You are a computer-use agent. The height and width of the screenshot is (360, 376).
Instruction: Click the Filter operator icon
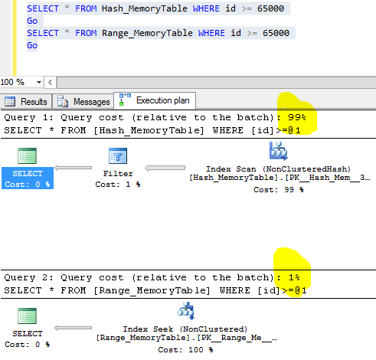click(x=117, y=157)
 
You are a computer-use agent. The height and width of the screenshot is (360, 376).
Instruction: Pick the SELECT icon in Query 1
click(x=28, y=157)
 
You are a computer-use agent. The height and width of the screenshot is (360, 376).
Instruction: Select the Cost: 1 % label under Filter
click(x=118, y=185)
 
